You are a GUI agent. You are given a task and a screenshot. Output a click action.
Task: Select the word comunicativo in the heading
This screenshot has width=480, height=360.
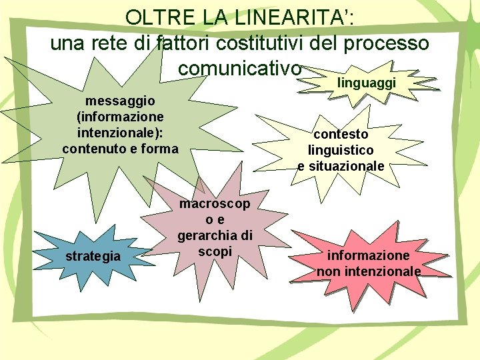point(241,68)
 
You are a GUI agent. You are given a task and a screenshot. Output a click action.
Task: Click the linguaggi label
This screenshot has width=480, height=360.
point(367,83)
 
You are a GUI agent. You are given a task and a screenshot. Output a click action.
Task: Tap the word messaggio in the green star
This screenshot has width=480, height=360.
point(121,101)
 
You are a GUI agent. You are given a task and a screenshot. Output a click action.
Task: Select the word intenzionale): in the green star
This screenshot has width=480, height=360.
point(121,132)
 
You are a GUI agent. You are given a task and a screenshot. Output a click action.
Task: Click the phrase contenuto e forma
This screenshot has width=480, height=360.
point(121,148)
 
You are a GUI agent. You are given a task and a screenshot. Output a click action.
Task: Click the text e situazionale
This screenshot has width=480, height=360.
point(341,165)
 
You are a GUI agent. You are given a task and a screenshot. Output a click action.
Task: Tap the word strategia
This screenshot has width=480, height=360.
point(93,256)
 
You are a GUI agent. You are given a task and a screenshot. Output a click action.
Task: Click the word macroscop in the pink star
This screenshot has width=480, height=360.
point(215,205)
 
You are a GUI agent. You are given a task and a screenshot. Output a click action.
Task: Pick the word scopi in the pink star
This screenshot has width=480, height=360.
point(215,251)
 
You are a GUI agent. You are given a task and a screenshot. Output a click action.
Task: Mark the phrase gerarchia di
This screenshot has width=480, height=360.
point(215,235)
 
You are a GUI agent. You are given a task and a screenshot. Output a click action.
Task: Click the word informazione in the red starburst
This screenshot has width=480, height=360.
point(368,255)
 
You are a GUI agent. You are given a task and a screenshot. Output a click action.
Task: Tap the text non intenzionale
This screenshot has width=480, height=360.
point(368,271)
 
